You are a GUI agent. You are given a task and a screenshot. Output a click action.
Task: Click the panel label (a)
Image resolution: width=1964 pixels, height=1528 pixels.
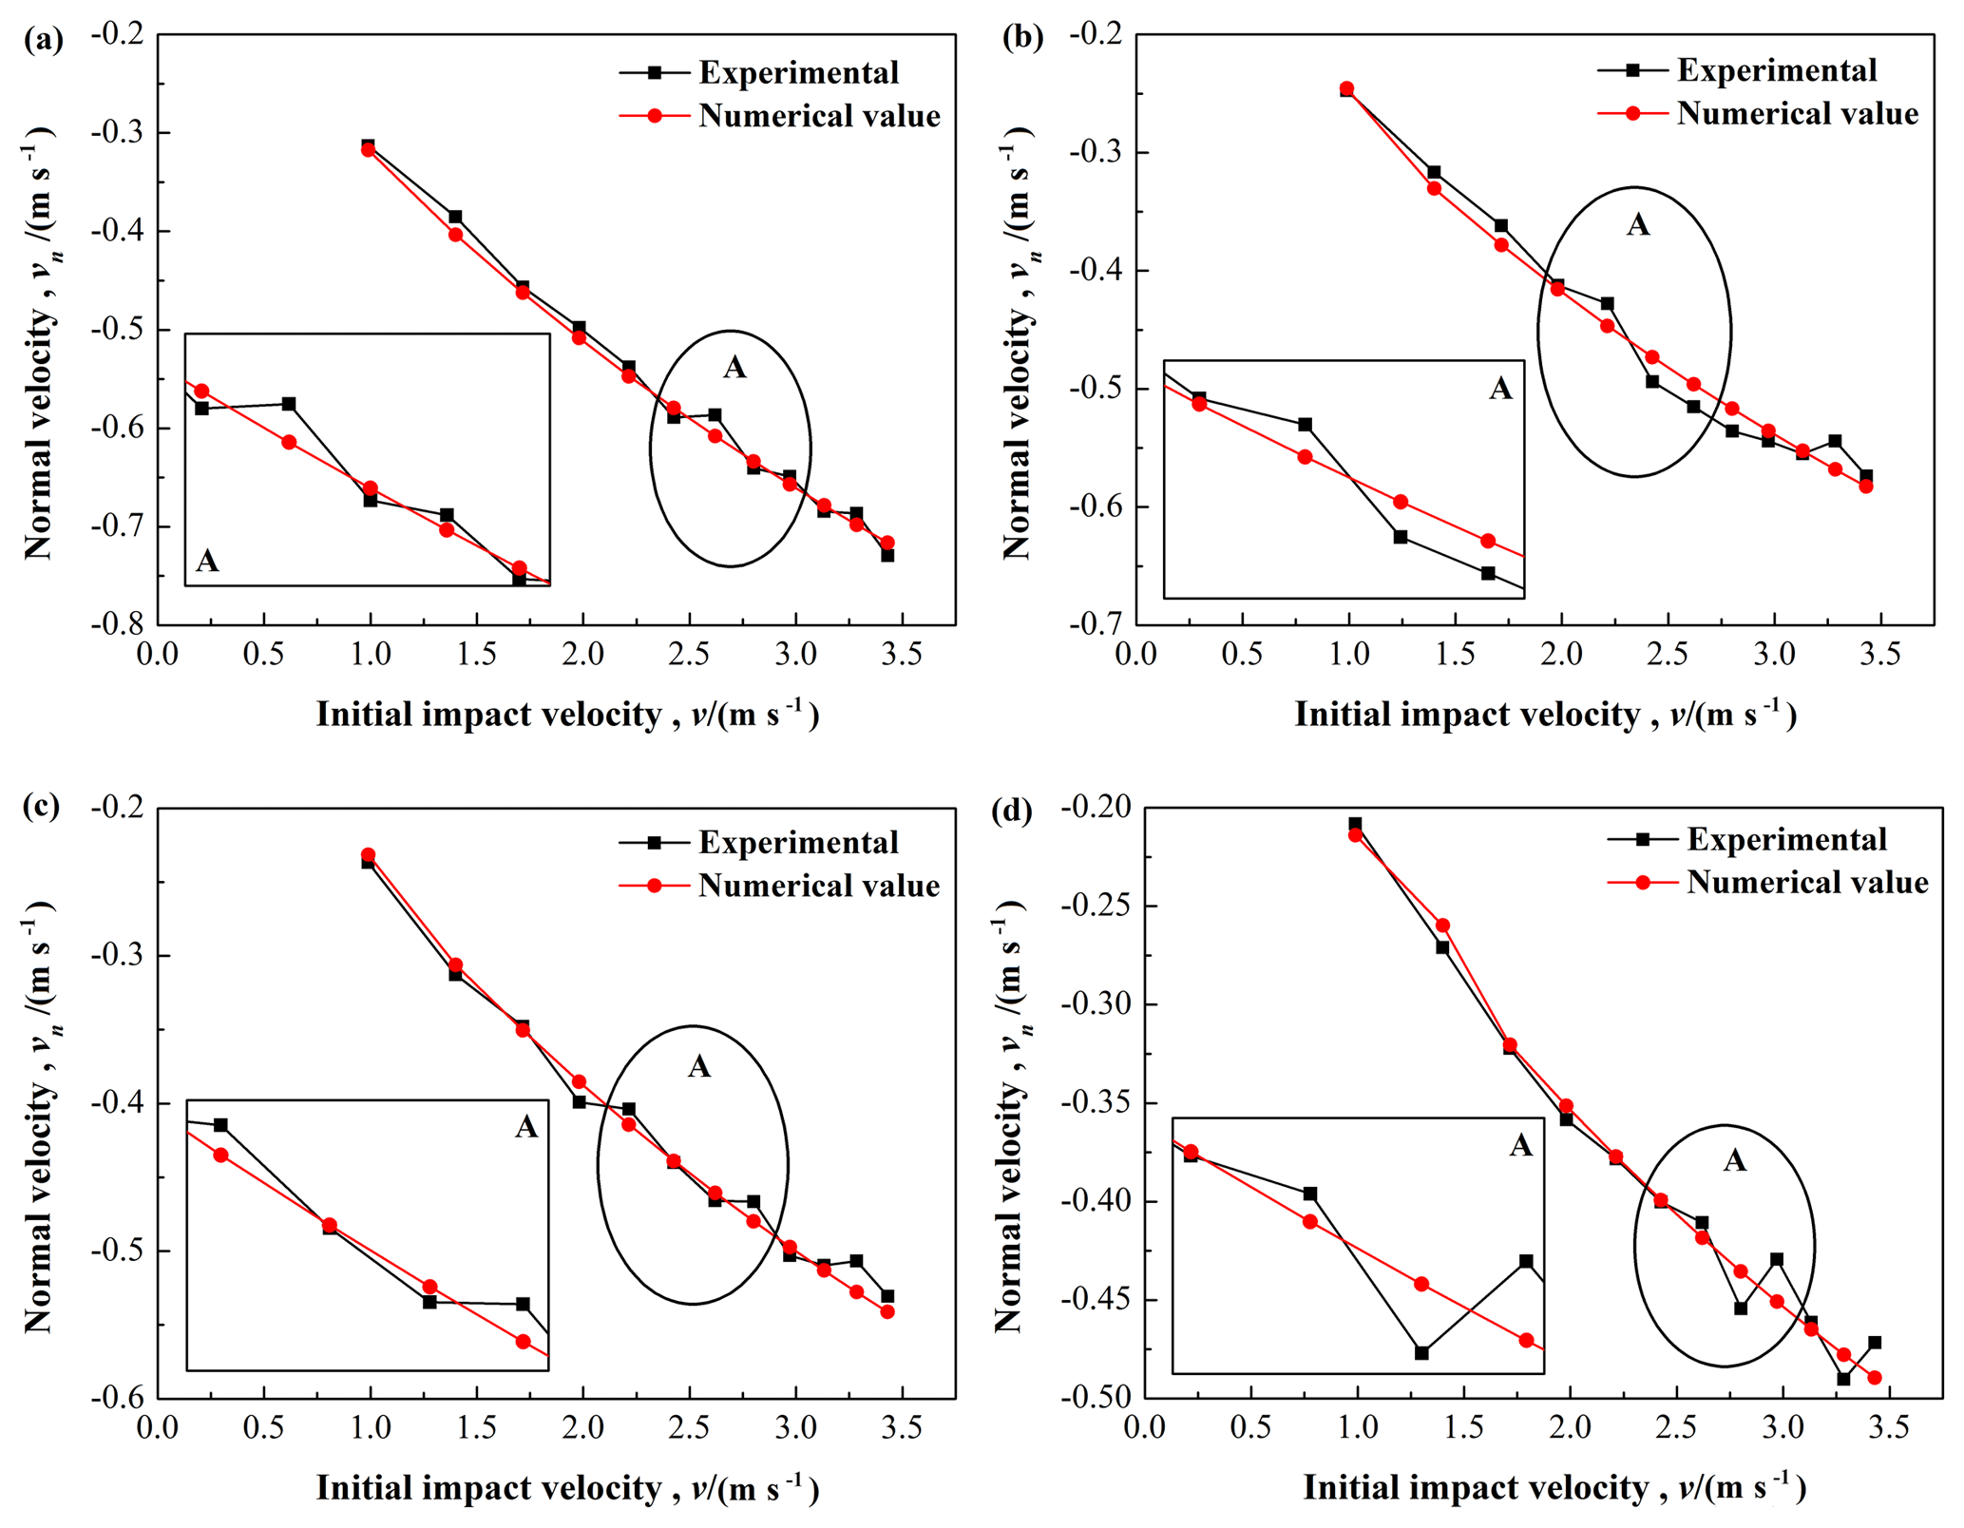point(44,40)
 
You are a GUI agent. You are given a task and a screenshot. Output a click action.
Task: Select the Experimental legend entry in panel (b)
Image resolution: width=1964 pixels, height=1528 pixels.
point(1776,70)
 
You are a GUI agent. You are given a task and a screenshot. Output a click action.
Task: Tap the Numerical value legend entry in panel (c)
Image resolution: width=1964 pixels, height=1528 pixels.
point(818,886)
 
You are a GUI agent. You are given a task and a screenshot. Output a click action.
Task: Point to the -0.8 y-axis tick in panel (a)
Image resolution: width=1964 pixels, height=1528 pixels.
point(117,624)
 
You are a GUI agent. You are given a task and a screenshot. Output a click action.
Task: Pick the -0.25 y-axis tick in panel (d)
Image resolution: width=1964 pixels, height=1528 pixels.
point(1098,906)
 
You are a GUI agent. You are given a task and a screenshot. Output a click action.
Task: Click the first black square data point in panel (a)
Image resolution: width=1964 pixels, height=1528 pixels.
point(368,145)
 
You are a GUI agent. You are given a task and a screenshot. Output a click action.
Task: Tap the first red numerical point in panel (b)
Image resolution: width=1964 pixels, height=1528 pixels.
point(1346,89)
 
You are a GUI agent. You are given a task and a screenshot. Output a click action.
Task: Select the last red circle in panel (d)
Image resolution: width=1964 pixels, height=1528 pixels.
point(1875,1377)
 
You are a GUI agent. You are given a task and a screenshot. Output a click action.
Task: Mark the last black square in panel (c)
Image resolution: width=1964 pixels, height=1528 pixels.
point(887,1296)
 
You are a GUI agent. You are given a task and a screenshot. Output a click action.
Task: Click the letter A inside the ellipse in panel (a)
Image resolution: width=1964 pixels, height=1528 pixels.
point(734,368)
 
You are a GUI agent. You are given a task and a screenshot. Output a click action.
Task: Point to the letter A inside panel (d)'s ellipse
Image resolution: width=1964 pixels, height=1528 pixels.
point(1735,1160)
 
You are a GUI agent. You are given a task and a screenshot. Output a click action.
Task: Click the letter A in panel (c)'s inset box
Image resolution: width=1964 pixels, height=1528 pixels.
point(526,1127)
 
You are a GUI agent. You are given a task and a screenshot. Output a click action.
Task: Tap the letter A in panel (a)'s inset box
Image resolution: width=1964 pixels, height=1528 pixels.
point(207,562)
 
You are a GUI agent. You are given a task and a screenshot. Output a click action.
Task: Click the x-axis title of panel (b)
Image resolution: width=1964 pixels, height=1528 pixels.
point(1545,715)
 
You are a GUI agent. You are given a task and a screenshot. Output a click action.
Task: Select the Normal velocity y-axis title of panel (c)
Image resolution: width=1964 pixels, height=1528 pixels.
point(38,1117)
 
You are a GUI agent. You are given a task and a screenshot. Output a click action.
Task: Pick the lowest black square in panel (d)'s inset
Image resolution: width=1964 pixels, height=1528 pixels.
point(1421,1352)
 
